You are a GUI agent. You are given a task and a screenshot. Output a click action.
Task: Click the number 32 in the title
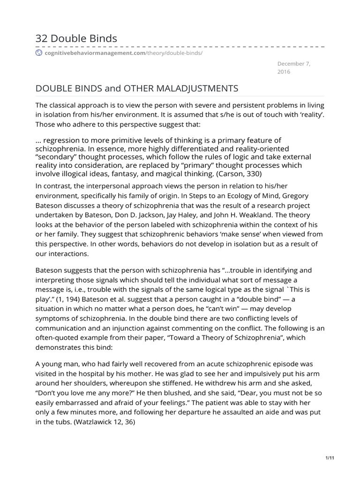pyautogui.click(x=42, y=38)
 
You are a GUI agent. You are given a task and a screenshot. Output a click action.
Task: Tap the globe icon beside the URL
pyautogui.click(x=39, y=53)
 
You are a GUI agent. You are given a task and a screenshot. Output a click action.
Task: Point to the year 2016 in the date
pyautogui.click(x=284, y=72)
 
